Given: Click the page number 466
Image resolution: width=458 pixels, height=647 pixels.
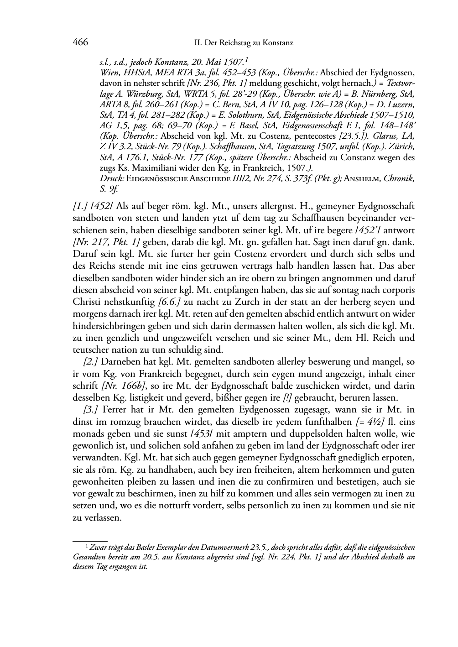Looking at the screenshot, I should coord(80,42).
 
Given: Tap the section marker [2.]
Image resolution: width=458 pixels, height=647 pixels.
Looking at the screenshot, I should coord(89,362).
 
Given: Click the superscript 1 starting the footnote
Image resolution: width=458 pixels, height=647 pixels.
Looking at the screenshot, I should coord(87,546).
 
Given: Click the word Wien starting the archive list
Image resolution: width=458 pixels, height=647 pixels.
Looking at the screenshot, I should coord(108,73).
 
